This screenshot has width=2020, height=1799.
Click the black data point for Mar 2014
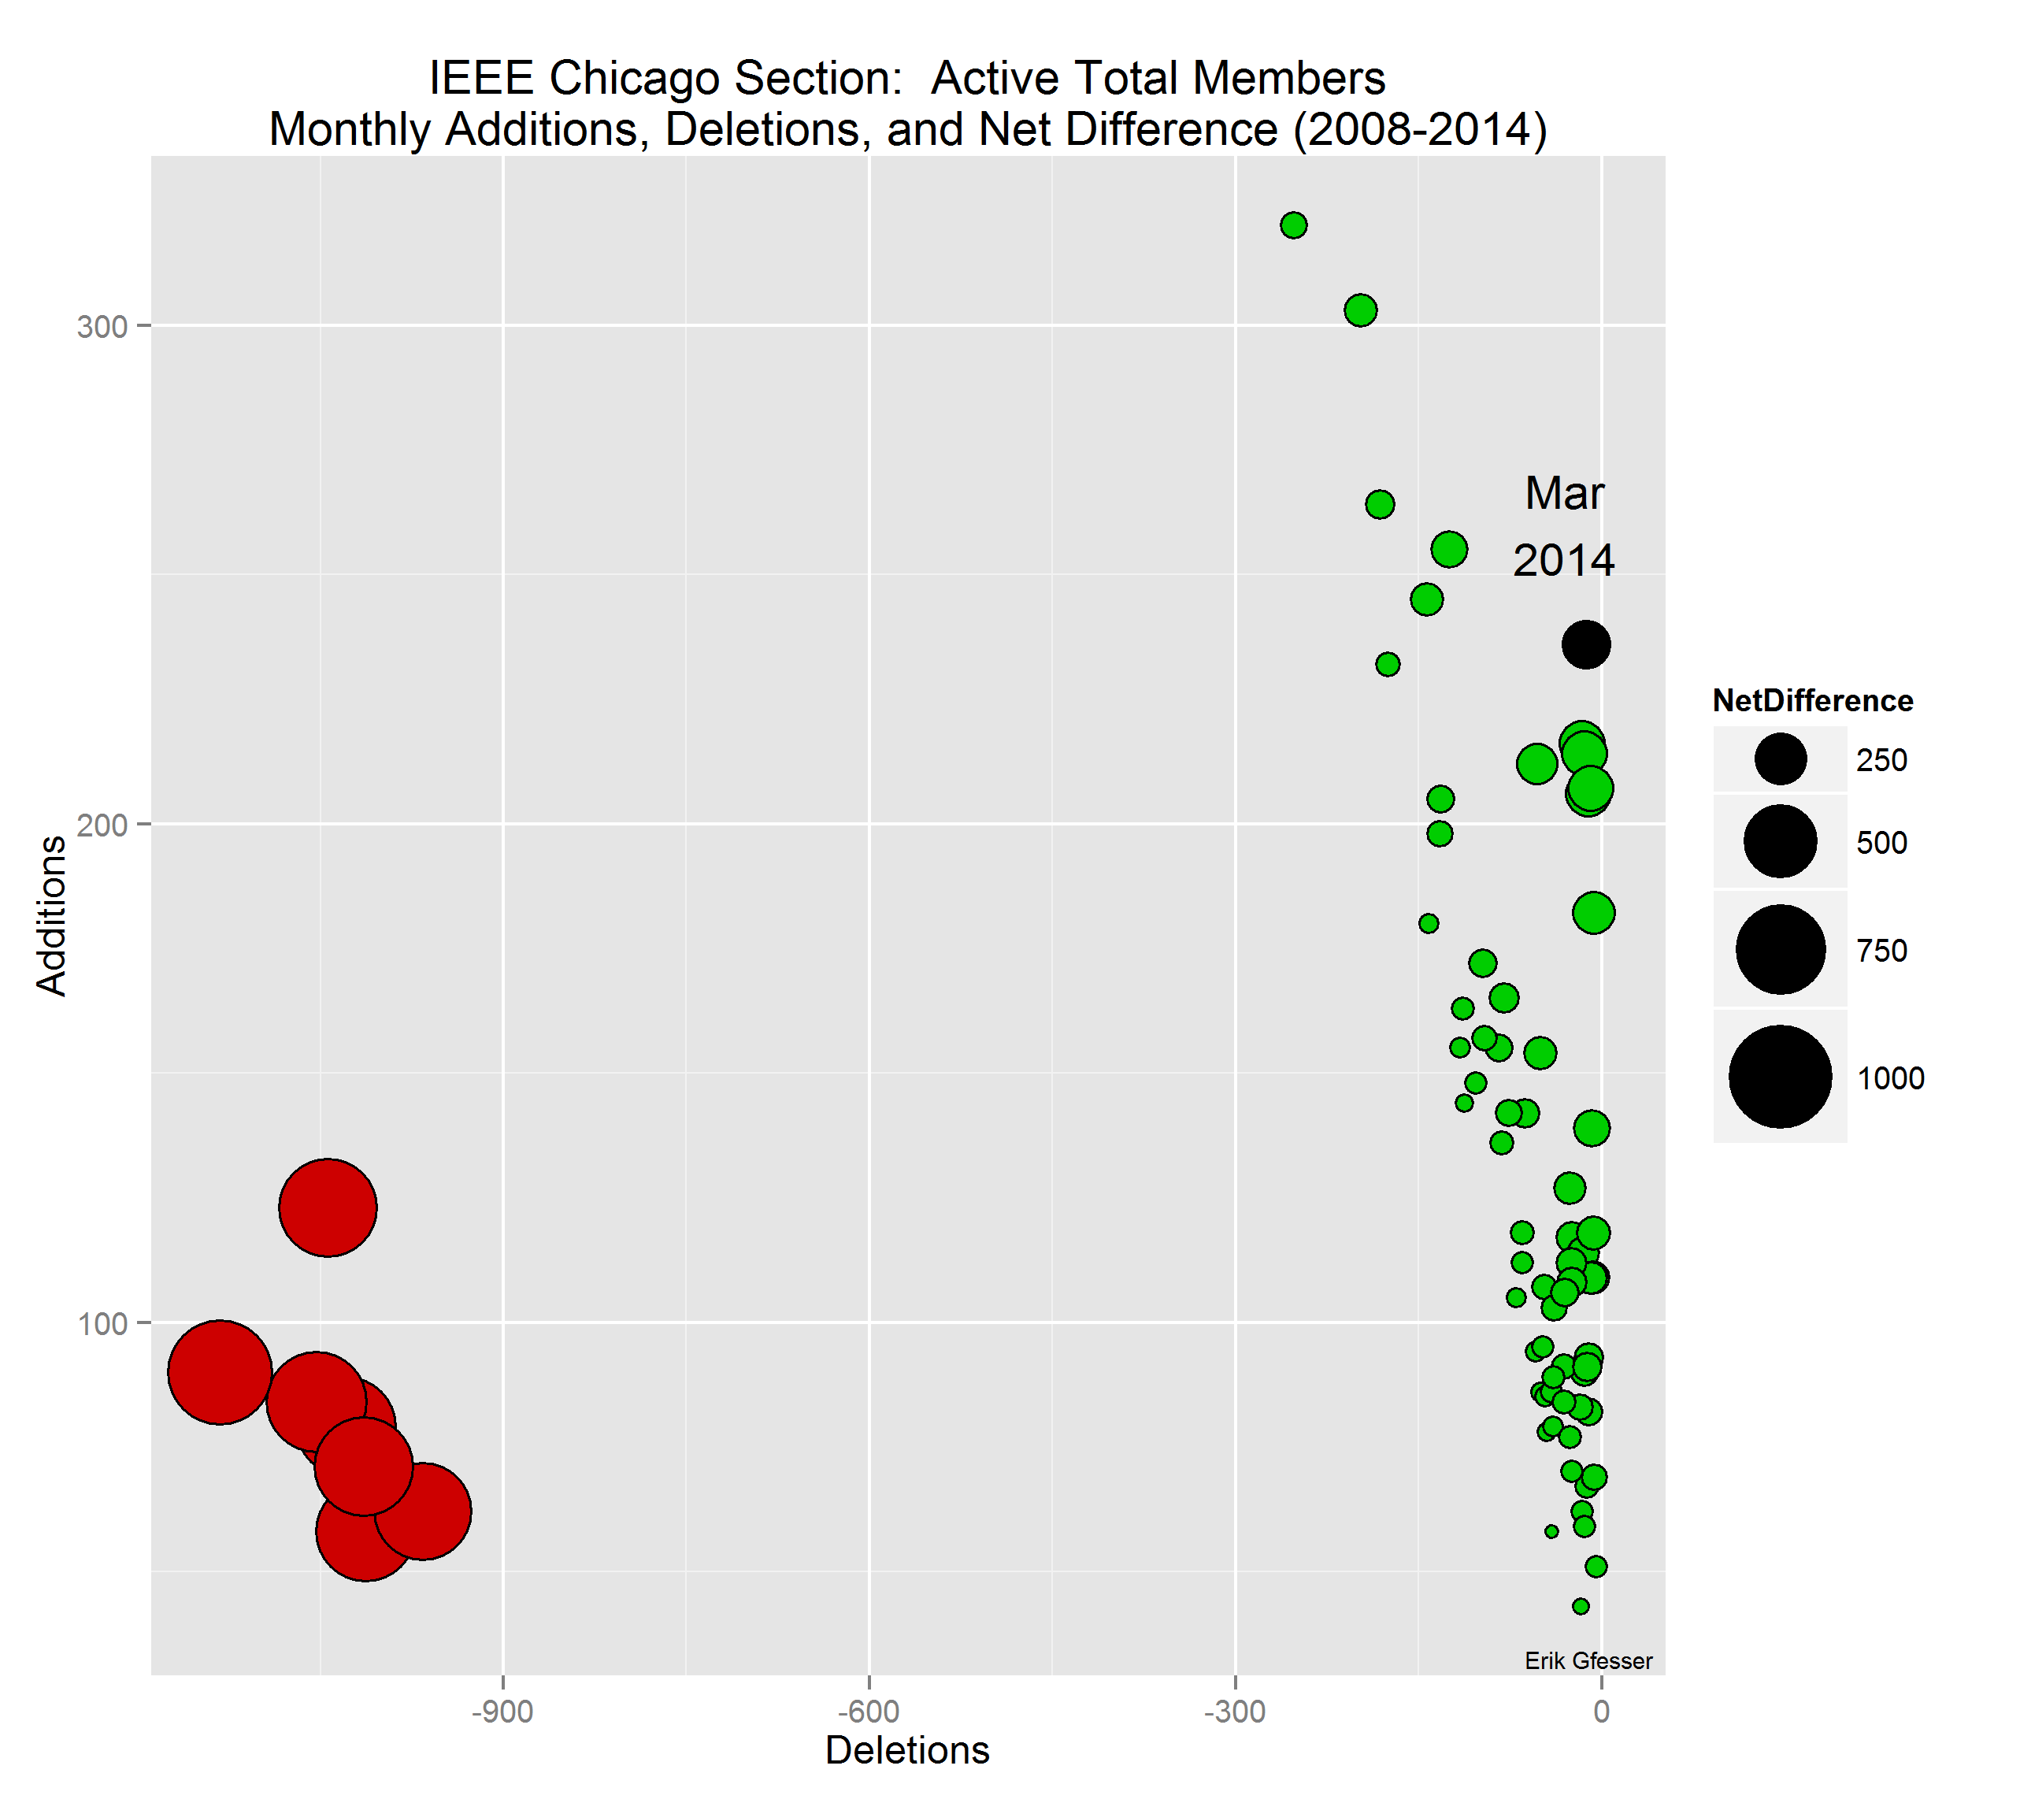tap(1585, 644)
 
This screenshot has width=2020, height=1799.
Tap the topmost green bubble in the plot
tap(1294, 225)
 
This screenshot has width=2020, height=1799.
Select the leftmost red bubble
tap(220, 1372)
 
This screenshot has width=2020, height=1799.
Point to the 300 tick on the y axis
tap(103, 326)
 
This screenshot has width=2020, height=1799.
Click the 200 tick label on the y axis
tap(103, 825)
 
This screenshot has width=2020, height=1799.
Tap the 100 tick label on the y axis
tap(103, 1323)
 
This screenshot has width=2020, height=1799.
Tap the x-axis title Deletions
tap(907, 1751)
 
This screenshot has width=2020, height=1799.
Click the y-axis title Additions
tap(51, 915)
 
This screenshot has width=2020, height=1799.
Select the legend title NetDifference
tap(1812, 701)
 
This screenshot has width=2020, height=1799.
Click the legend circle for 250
tap(1780, 759)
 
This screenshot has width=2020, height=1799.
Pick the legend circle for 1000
tap(1780, 1077)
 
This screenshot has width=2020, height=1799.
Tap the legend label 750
tap(1881, 951)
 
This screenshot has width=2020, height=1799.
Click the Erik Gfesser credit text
tap(1588, 1660)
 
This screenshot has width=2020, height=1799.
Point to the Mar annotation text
tap(1564, 493)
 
